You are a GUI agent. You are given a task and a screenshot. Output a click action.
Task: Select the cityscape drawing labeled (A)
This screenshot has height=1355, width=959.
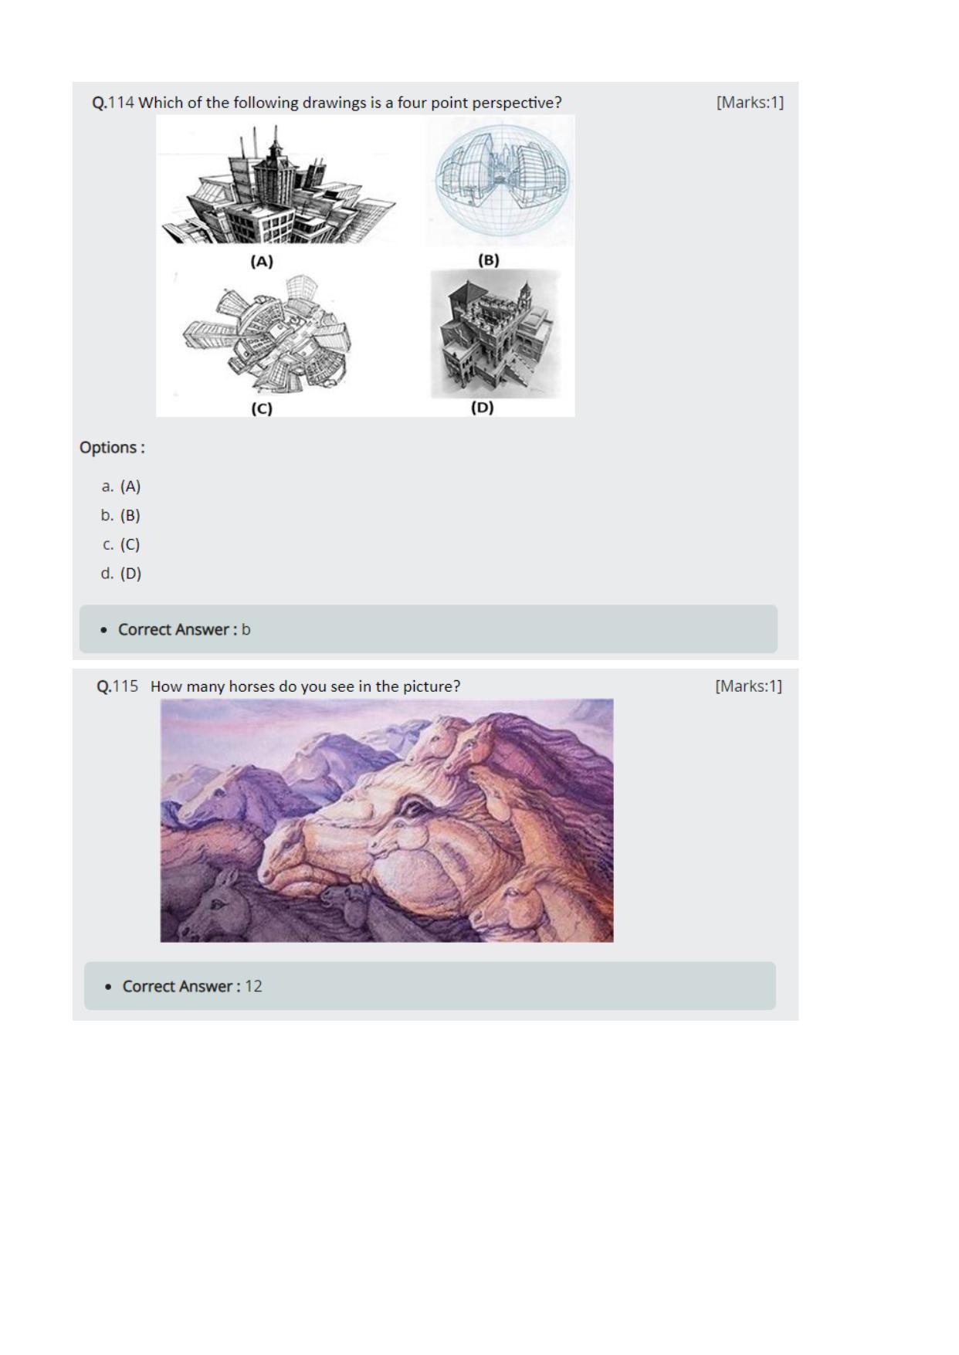pyautogui.click(x=276, y=185)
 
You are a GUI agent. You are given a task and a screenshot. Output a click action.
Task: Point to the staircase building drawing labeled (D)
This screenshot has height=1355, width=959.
pyautogui.click(x=495, y=334)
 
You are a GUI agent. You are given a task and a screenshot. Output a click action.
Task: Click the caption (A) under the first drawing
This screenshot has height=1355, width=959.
pyautogui.click(x=262, y=262)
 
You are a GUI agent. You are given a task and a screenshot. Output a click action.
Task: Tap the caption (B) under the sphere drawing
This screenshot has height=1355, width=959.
pyautogui.click(x=489, y=260)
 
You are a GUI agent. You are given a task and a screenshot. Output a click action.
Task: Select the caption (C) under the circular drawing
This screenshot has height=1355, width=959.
pyautogui.click(x=262, y=408)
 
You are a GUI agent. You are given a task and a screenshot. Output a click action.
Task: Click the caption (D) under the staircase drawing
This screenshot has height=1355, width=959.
pyautogui.click(x=483, y=407)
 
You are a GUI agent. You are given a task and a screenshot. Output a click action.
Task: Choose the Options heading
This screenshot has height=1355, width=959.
pyautogui.click(x=112, y=448)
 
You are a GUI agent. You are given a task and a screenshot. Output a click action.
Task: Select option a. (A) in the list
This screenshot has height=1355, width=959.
pyautogui.click(x=121, y=486)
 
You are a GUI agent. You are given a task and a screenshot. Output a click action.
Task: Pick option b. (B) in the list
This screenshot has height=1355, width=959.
pyautogui.click(x=121, y=515)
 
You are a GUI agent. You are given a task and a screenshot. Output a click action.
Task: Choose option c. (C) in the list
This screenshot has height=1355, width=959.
pyautogui.click(x=121, y=544)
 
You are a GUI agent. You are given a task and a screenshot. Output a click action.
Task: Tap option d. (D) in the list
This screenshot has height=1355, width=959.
pyautogui.click(x=121, y=573)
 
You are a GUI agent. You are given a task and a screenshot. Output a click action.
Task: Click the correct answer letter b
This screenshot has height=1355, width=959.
pyautogui.click(x=246, y=629)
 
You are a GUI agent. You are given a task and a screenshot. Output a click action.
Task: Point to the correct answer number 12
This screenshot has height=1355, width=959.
pyautogui.click(x=253, y=986)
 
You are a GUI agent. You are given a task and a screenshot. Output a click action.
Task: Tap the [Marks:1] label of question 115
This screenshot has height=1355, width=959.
pyautogui.click(x=748, y=686)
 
